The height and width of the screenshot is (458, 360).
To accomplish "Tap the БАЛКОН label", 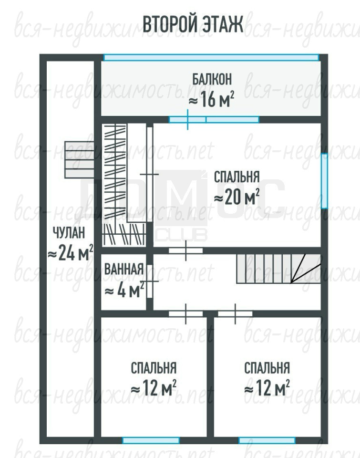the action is [x=212, y=80].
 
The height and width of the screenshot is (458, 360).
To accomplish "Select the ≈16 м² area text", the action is [x=211, y=100].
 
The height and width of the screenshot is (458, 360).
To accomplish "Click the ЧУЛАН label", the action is [x=69, y=233].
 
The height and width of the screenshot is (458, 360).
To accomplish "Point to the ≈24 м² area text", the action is [x=71, y=253].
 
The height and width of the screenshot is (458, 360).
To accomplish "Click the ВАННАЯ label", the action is [x=124, y=269].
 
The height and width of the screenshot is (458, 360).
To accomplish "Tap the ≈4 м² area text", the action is [x=124, y=290].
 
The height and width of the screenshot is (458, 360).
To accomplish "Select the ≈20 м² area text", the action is [x=237, y=197].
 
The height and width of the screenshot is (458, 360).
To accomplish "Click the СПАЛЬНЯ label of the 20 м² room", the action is [x=237, y=177].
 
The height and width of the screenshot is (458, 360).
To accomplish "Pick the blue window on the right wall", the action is [x=324, y=181].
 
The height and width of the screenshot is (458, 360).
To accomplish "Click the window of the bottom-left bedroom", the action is [x=151, y=440].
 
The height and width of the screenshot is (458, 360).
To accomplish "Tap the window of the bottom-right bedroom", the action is [x=267, y=440].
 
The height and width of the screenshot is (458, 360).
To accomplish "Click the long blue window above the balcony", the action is [x=211, y=57].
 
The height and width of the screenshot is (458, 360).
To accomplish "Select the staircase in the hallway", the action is [x=278, y=269].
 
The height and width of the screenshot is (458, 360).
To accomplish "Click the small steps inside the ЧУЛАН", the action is [x=79, y=160].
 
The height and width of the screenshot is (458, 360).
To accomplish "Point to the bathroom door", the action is [x=150, y=281].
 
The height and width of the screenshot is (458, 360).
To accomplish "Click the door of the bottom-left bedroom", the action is [x=185, y=313].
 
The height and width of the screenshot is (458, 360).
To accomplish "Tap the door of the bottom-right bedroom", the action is [x=235, y=313].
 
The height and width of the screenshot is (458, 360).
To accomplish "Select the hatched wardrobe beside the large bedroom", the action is [x=124, y=185].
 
